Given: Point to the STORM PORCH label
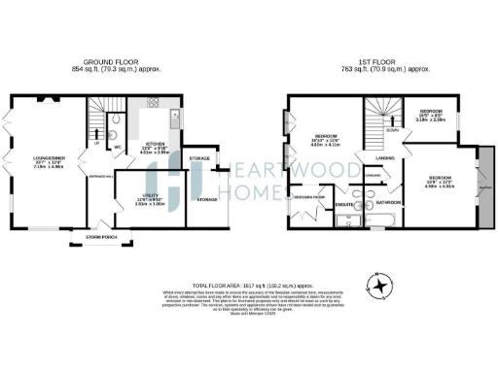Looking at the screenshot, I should click(x=101, y=235).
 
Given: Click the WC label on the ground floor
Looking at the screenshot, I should click(x=118, y=148).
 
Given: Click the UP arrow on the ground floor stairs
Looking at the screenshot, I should click(x=97, y=143).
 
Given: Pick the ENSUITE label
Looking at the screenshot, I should click(x=343, y=205).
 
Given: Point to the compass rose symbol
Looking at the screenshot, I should click(x=378, y=285).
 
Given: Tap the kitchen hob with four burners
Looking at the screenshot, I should click(x=154, y=102).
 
